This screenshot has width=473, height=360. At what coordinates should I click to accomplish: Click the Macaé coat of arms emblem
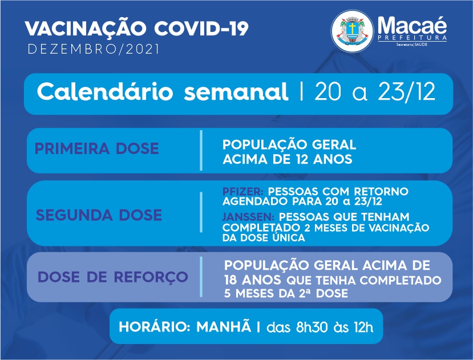click(x=352, y=31)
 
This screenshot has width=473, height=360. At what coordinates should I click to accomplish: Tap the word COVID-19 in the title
click(x=201, y=29)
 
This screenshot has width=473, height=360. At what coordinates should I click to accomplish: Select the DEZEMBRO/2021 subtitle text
click(x=93, y=50)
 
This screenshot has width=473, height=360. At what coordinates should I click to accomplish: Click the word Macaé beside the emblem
click(x=412, y=25)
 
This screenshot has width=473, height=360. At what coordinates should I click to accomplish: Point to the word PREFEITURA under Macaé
click(x=412, y=38)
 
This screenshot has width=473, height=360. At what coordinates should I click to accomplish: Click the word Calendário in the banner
click(x=105, y=91)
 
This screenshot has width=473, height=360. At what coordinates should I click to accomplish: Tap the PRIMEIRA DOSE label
click(x=96, y=148)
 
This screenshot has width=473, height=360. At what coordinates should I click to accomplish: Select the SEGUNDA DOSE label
click(x=99, y=215)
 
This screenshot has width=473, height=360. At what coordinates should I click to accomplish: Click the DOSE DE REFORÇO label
click(x=112, y=278)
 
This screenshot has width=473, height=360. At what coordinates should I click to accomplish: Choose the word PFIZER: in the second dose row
click(x=243, y=191)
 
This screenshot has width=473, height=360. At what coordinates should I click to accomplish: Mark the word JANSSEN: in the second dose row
click(x=248, y=217)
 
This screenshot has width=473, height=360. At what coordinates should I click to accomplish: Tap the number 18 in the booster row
click(x=231, y=280)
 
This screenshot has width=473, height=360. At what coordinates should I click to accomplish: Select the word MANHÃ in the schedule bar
click(x=224, y=326)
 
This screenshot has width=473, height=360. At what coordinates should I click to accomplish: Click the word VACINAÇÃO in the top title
click(x=86, y=29)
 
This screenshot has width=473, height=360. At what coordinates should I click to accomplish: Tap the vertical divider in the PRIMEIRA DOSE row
click(x=201, y=150)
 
